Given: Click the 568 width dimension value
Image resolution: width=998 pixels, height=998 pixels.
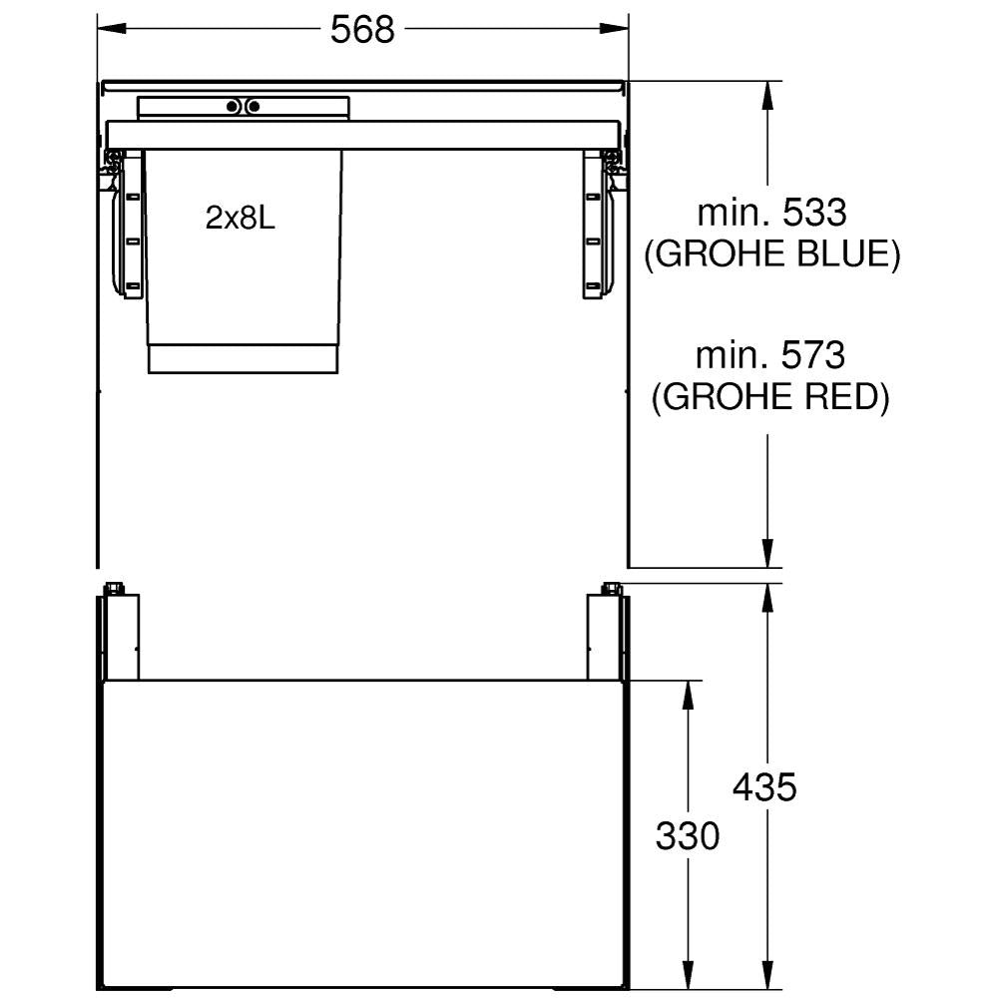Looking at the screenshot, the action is tap(362, 29).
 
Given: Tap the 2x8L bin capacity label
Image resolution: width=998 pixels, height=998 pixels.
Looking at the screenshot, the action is tap(240, 219).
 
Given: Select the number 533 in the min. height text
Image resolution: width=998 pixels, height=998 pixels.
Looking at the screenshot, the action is tap(814, 213).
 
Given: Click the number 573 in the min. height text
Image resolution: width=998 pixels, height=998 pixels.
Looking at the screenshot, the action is tap(812, 355).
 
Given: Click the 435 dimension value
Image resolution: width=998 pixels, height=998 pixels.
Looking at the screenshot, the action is tap(764, 787).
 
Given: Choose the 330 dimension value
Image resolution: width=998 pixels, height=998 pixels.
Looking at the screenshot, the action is tap(688, 835).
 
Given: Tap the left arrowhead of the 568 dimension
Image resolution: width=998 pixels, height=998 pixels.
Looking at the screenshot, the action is tap(112, 29).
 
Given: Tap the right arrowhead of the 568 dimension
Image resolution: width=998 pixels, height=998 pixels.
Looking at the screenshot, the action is tap(614, 29).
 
